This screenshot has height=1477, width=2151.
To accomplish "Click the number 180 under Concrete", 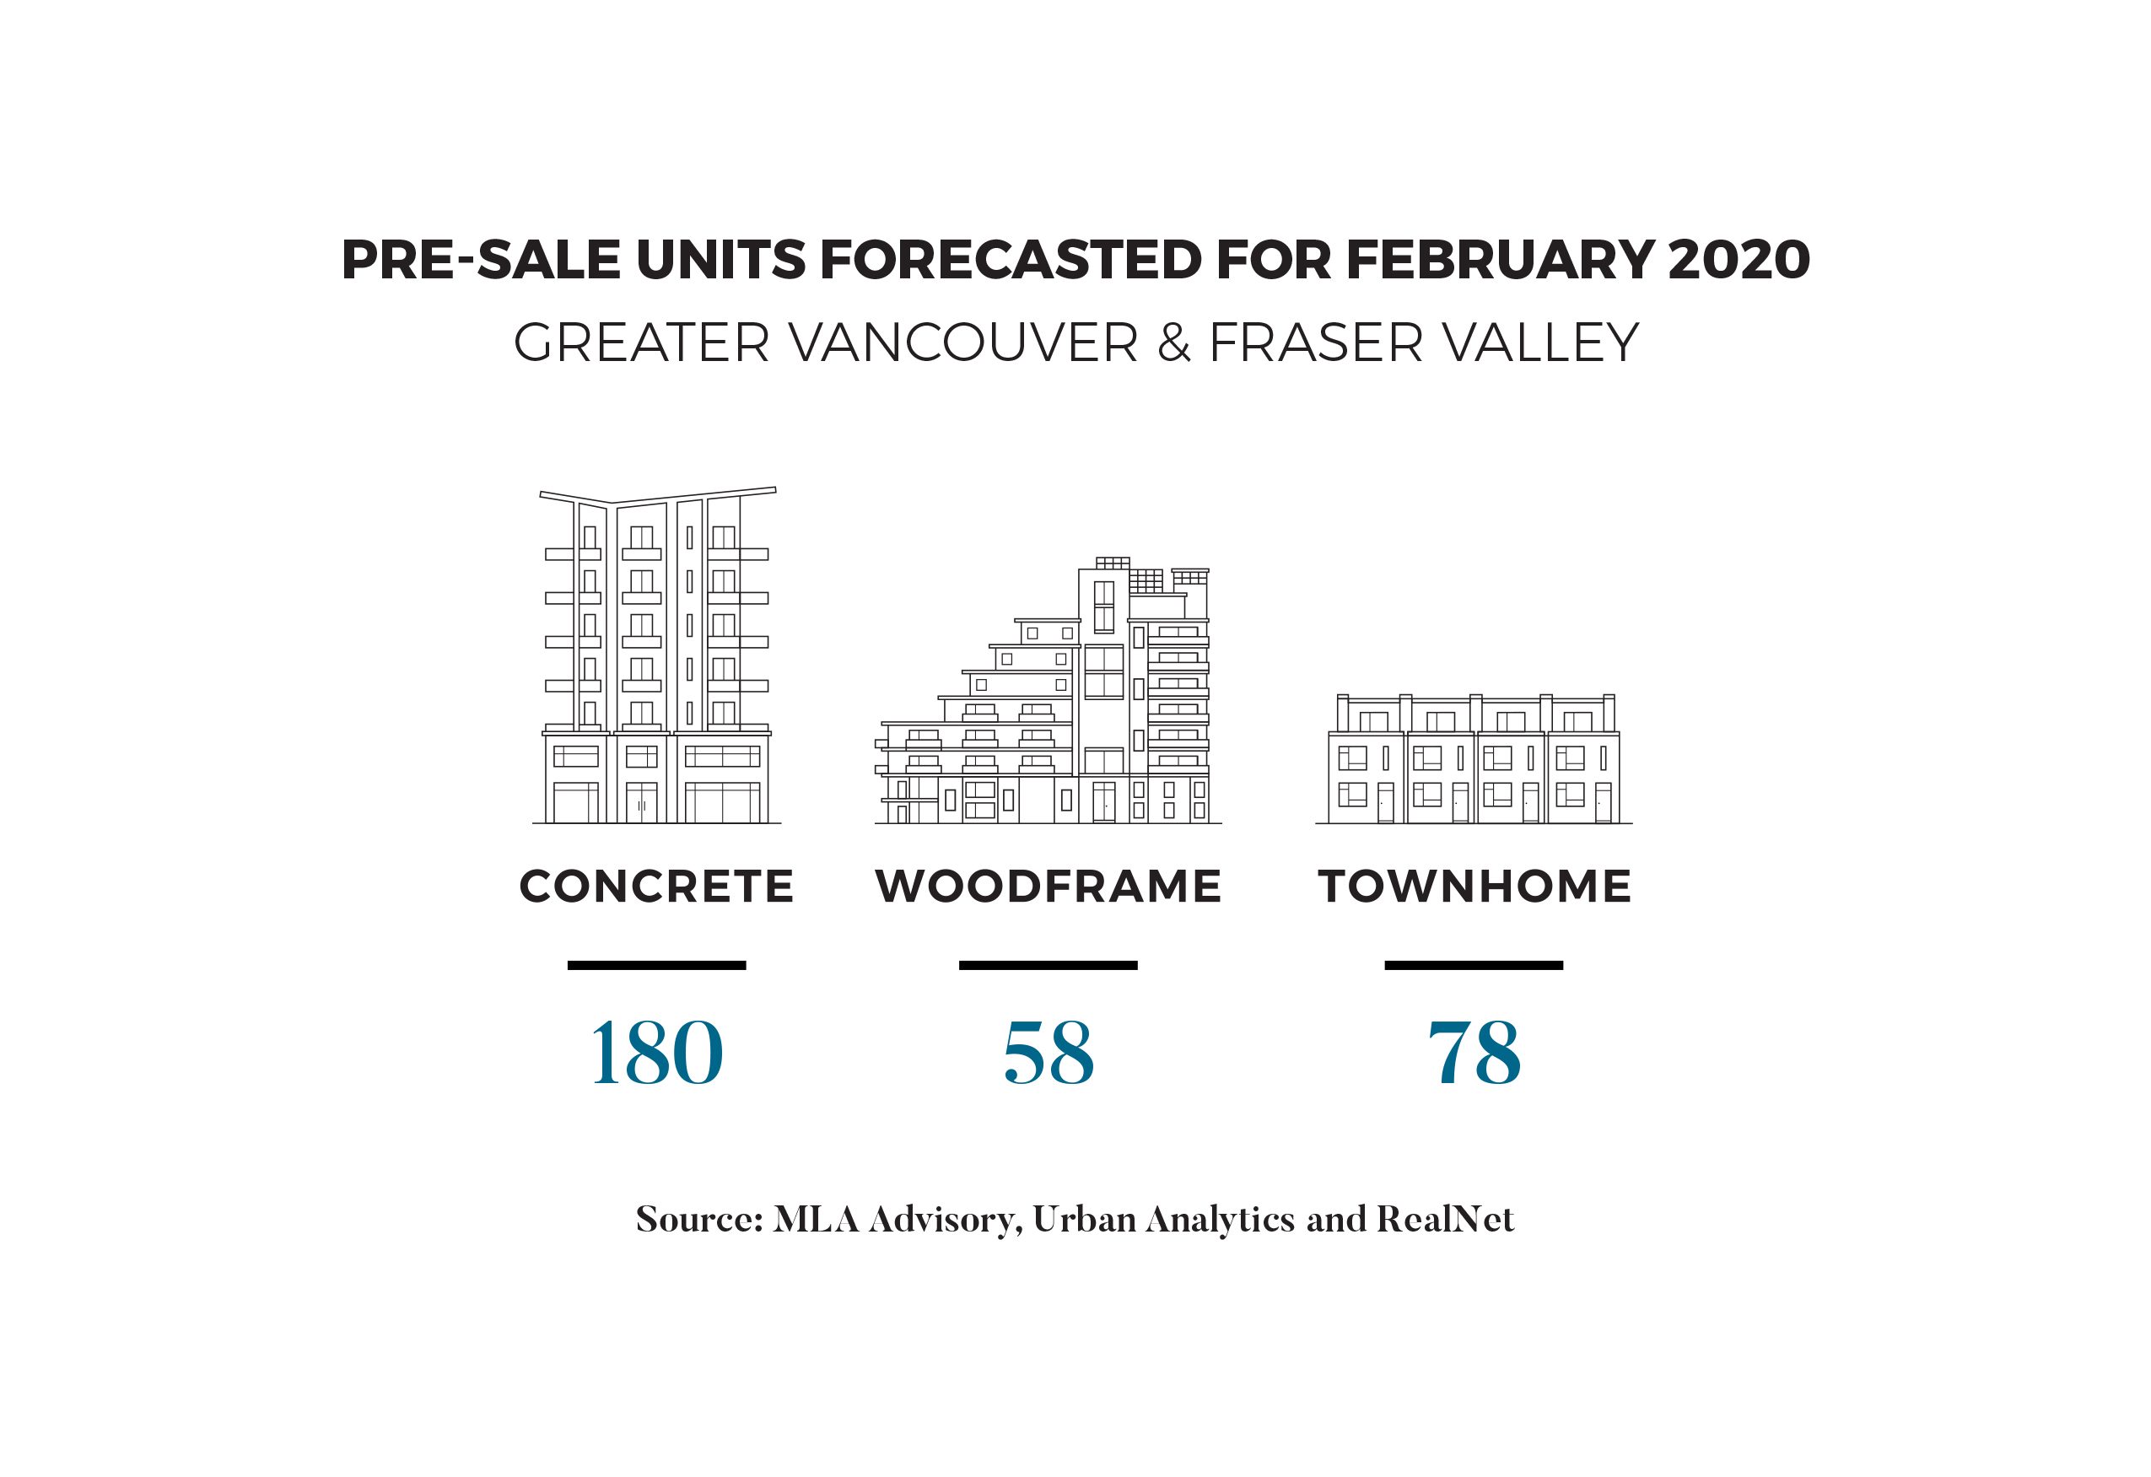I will [656, 1054].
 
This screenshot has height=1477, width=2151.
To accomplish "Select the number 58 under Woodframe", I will [1048, 1054].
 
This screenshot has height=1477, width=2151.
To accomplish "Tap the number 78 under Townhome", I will [1474, 1054].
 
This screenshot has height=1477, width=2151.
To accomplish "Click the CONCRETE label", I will [656, 886].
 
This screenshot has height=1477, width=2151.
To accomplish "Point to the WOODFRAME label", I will [1048, 886].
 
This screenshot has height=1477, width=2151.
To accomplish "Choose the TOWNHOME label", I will [1474, 886].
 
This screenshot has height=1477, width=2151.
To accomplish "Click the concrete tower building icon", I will [656, 657].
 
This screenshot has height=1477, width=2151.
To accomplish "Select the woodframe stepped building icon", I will [1048, 694].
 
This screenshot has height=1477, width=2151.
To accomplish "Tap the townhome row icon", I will [1474, 759].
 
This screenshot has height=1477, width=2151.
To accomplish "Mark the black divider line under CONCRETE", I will [656, 965].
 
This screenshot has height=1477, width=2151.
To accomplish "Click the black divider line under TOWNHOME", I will [1474, 965].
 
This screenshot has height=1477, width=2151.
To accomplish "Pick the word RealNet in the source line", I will [1445, 1219].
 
